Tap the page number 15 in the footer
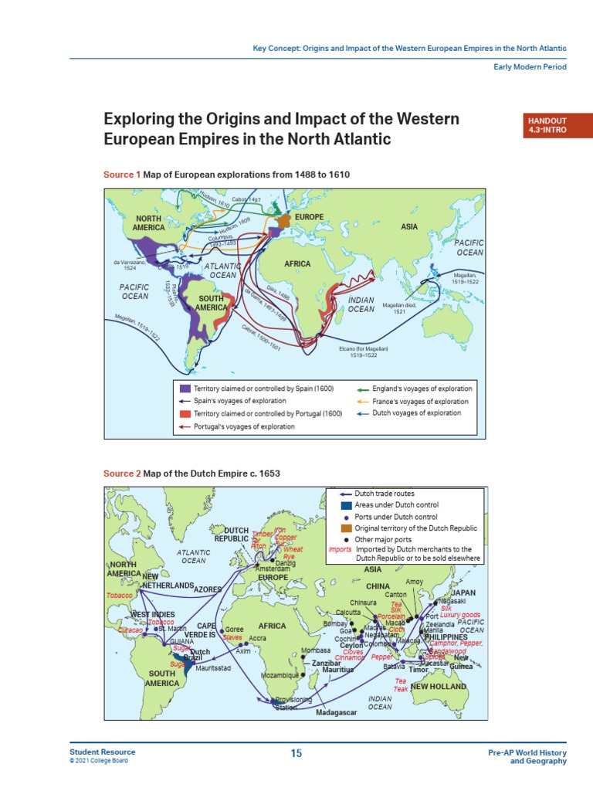[296, 753]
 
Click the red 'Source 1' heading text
[122, 175]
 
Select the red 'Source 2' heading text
[122, 474]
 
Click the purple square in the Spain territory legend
[185, 389]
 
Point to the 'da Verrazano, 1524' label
[129, 266]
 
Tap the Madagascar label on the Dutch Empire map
[337, 713]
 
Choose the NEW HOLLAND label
[438, 686]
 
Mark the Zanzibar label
[327, 664]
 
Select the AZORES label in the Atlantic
[208, 589]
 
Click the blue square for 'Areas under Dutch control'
[346, 504]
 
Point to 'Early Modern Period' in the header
[530, 67]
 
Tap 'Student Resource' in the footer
[102, 752]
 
